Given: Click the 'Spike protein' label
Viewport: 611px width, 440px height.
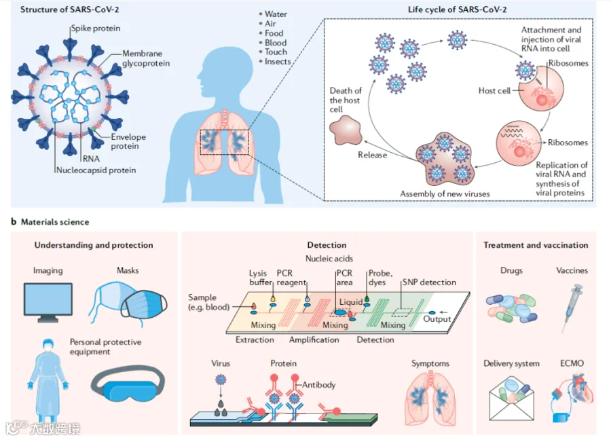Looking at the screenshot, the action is [96, 29].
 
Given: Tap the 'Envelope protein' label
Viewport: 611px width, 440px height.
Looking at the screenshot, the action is [128, 141].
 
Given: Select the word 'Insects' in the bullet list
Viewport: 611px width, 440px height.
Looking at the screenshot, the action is [278, 62].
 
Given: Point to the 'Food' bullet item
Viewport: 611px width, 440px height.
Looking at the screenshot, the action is [274, 33].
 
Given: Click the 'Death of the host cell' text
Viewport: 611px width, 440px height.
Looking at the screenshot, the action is [346, 100].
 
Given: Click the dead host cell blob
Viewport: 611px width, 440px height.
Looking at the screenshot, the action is [346, 130].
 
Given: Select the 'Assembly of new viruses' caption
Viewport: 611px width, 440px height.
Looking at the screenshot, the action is [445, 194].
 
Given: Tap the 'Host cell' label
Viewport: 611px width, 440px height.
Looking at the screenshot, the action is [494, 91].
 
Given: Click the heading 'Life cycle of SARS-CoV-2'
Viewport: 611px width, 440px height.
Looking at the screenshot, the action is [457, 10].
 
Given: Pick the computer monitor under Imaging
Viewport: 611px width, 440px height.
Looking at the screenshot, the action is [48, 302].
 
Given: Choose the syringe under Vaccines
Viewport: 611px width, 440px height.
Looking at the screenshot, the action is [572, 308].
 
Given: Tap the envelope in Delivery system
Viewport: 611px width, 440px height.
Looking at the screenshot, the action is [511, 399].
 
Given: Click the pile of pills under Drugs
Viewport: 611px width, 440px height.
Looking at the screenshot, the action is [511, 308].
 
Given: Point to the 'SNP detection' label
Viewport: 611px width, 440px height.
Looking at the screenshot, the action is [429, 282].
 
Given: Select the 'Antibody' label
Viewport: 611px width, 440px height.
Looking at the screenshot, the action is [319, 385].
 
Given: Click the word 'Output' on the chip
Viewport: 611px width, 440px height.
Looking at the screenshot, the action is [437, 318].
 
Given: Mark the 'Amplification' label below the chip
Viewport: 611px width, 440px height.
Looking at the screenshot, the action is [314, 340].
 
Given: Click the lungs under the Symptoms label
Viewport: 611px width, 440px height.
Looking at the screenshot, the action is [430, 397].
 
